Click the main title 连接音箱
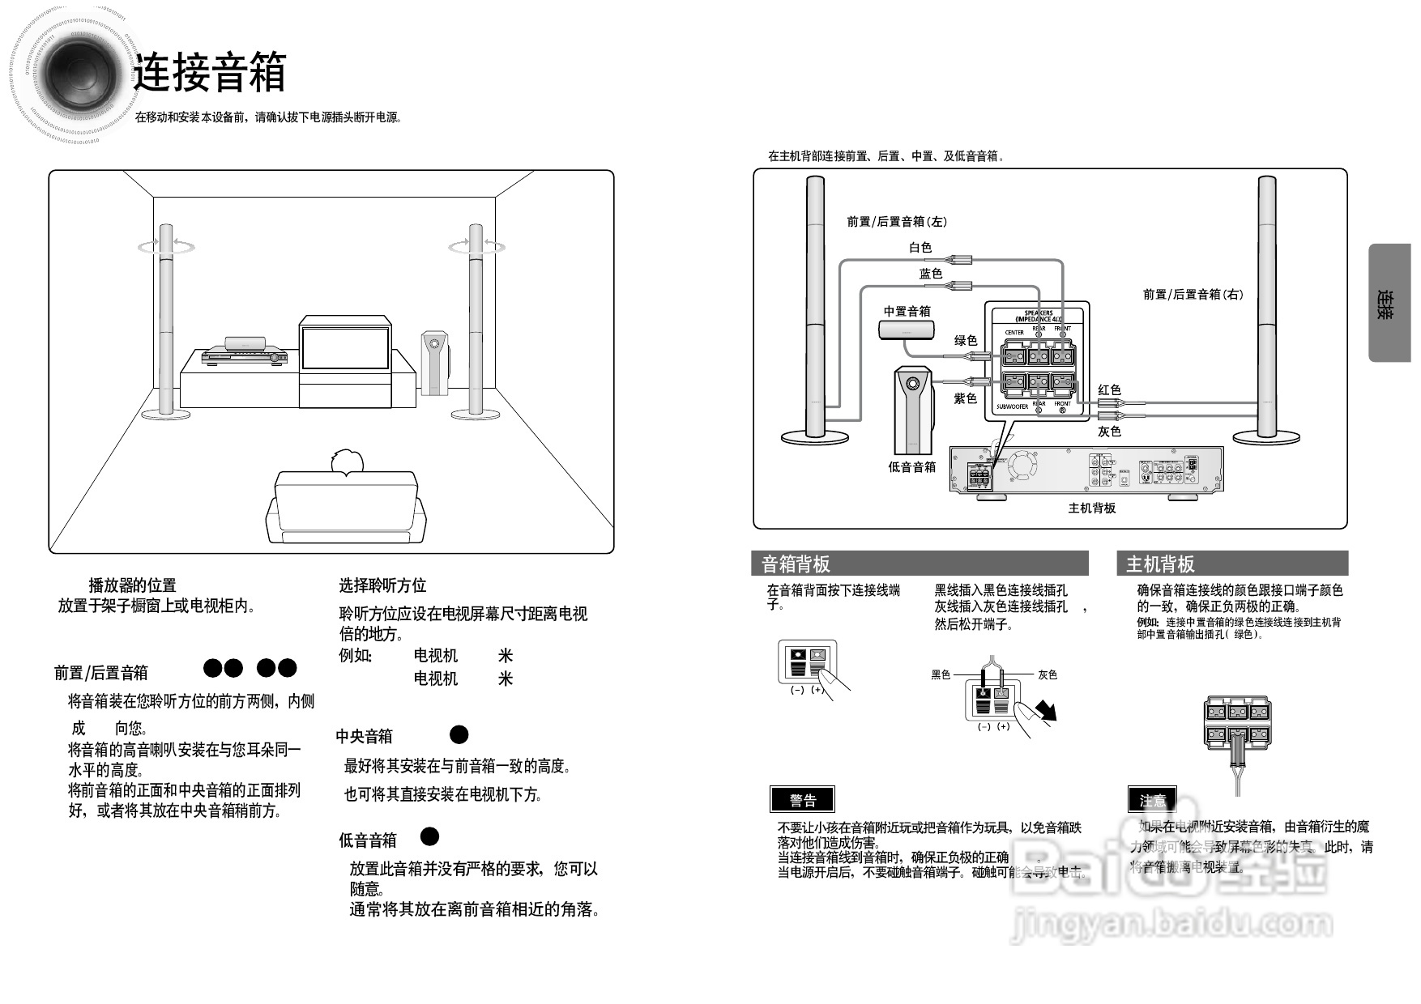tap(210, 72)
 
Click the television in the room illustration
tap(344, 348)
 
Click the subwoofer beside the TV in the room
tap(434, 363)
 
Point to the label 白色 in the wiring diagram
tap(920, 248)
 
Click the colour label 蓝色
tap(931, 274)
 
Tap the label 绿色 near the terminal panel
tap(966, 341)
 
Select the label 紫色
tap(966, 398)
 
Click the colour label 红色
tap(1109, 389)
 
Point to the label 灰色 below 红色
tap(1109, 432)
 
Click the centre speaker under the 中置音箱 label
tap(907, 330)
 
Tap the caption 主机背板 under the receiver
tap(1091, 508)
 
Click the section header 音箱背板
tap(796, 564)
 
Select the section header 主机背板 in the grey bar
tap(1160, 564)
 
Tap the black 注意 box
tap(1152, 800)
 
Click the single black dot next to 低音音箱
tap(429, 836)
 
